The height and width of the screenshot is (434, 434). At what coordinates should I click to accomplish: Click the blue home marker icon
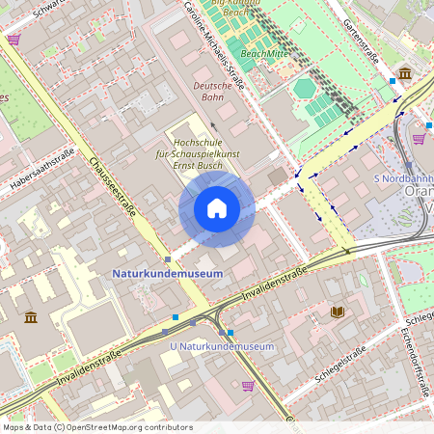(x=216, y=208)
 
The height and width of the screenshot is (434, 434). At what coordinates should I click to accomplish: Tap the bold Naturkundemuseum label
(x=168, y=274)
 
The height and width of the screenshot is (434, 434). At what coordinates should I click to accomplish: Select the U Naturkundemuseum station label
(x=221, y=346)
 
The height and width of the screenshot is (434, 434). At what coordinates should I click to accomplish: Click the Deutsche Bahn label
(x=214, y=92)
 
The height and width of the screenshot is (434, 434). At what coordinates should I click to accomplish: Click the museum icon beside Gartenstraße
(x=404, y=73)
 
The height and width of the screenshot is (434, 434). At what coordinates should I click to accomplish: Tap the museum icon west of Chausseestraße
(x=31, y=317)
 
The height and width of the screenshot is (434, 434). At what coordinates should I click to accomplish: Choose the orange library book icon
(x=337, y=312)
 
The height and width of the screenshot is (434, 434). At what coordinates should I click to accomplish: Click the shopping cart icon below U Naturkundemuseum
(x=248, y=386)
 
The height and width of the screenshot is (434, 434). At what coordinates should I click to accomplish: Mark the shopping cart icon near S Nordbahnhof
(x=419, y=138)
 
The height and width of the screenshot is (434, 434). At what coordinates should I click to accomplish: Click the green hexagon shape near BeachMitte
(x=305, y=89)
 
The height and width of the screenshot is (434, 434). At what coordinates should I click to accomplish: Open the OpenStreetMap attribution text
(x=97, y=426)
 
